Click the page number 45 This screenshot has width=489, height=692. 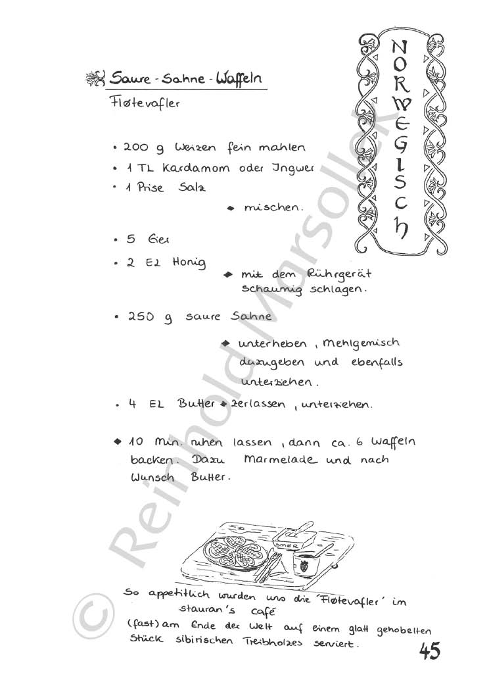tap(429, 651)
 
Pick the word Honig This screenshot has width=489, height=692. tap(189, 262)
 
